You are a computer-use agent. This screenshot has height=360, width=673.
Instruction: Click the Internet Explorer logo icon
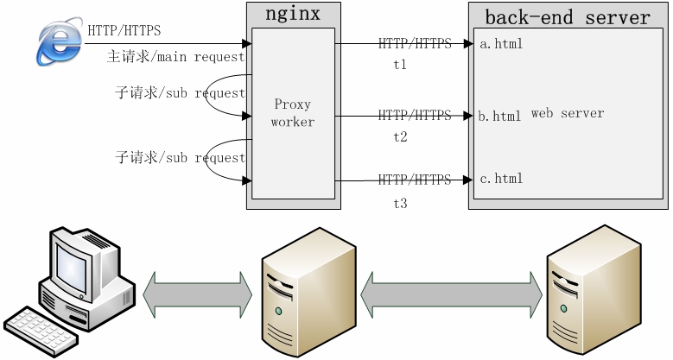[x=60, y=43]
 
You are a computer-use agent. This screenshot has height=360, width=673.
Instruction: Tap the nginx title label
[x=292, y=15]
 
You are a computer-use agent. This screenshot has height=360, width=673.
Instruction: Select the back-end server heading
[x=567, y=17]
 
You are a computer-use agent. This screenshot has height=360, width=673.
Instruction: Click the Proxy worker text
[x=292, y=113]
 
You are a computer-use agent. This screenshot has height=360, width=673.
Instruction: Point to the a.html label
[x=501, y=43]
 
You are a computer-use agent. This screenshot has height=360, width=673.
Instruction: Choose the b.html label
[x=500, y=116]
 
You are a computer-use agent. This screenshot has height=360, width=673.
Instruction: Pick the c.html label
[x=501, y=179]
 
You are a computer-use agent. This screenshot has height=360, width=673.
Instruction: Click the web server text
[x=568, y=113]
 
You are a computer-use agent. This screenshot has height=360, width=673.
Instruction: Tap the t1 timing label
[x=400, y=64]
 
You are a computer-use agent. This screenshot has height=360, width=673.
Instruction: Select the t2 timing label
[x=400, y=136]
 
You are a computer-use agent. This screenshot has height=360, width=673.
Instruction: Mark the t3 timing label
[x=400, y=204]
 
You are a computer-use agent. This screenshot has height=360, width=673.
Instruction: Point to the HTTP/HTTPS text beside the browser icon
[x=124, y=31]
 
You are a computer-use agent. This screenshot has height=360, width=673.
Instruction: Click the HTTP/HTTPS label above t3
[x=415, y=180]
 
